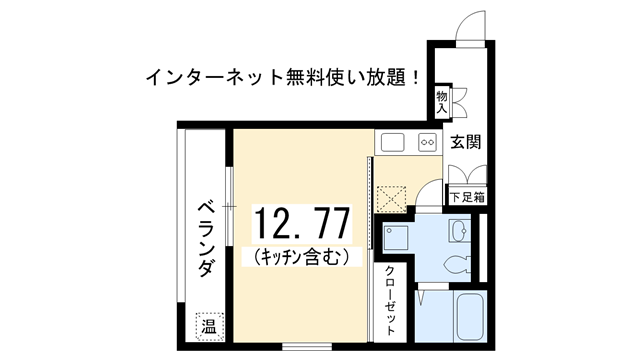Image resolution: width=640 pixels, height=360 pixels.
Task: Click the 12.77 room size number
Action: tap(302, 223)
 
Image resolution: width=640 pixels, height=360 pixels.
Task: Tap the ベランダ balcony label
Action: tap(207, 239)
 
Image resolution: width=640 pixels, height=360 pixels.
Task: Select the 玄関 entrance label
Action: tap(465, 142)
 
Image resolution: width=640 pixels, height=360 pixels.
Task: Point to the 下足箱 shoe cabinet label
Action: tap(468, 198)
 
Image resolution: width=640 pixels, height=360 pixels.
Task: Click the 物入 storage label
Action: tap(442, 102)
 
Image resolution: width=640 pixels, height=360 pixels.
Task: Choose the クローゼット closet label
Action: tap(390, 300)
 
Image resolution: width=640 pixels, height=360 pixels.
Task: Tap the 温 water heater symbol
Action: tap(209, 326)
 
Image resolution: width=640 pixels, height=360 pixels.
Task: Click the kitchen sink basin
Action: tap(393, 142)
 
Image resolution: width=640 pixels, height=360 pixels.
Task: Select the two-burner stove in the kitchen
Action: tap(427, 142)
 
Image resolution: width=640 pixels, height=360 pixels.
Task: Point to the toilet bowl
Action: tap(457, 264)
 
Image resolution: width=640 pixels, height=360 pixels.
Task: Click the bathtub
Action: tap(470, 317)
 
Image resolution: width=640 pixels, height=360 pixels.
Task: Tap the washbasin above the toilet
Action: tap(458, 231)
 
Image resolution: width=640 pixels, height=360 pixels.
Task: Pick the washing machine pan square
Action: tap(396, 238)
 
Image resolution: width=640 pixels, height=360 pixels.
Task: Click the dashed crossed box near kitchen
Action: tap(391, 199)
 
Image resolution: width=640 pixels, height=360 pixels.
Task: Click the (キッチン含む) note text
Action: tap(302, 257)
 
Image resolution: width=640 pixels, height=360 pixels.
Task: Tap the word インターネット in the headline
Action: tap(215, 77)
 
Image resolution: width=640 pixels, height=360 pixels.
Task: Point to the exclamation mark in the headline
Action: tap(416, 77)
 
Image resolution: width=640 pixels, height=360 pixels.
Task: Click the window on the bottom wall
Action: tap(307, 347)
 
